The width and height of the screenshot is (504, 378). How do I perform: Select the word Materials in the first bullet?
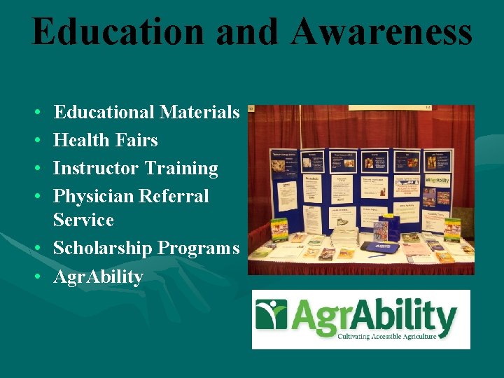[x=199, y=112]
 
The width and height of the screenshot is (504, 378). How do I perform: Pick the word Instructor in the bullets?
[x=97, y=168]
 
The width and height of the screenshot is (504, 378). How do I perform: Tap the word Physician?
[x=93, y=196]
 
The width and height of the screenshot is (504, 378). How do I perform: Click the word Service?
[x=83, y=220]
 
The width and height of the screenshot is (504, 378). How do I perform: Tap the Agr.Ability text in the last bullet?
[x=98, y=276]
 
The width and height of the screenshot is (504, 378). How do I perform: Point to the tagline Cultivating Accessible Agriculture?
[x=386, y=337]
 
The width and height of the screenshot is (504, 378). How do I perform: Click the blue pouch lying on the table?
[x=381, y=247]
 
